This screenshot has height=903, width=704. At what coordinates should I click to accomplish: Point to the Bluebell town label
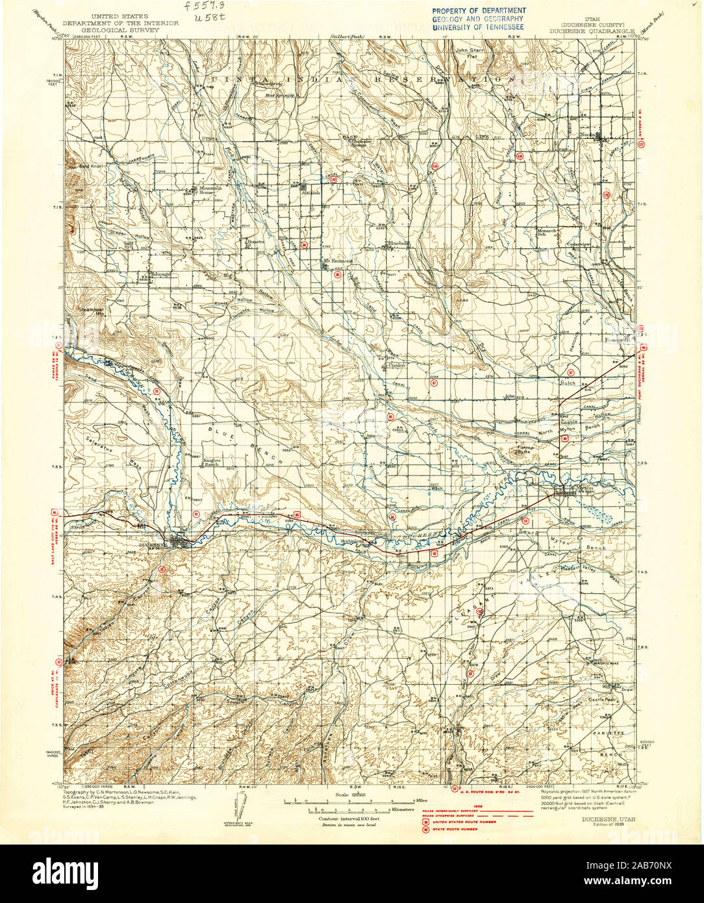pyautogui.click(x=398, y=244)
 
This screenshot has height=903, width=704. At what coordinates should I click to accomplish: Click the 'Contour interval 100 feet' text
pyautogui.click(x=348, y=820)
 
